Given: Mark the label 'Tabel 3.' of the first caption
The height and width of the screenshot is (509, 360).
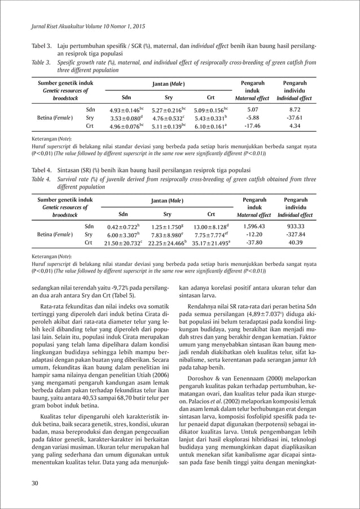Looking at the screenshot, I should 41,45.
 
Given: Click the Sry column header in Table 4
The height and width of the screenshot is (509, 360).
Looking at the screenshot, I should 168,214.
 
